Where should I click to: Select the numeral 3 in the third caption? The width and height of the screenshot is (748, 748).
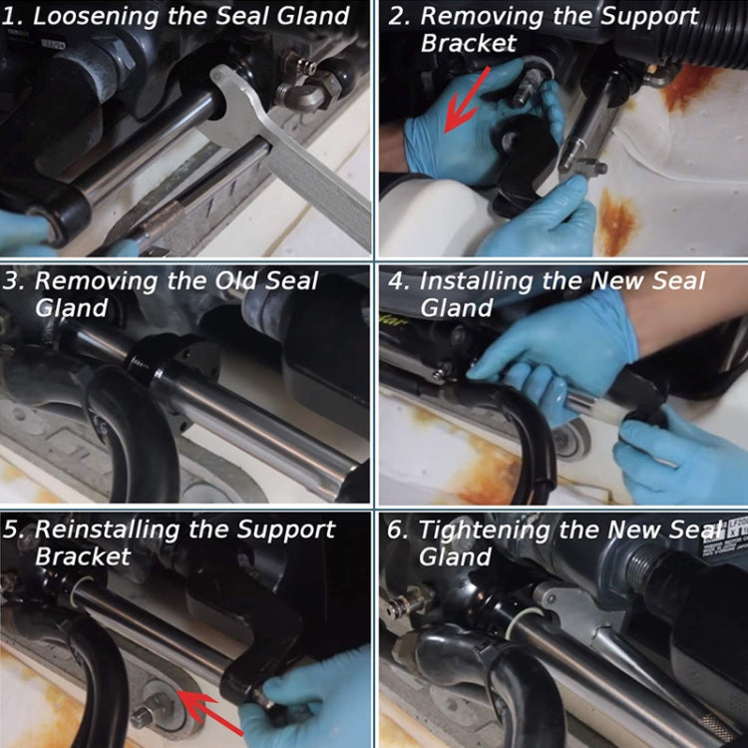coord(12,281)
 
